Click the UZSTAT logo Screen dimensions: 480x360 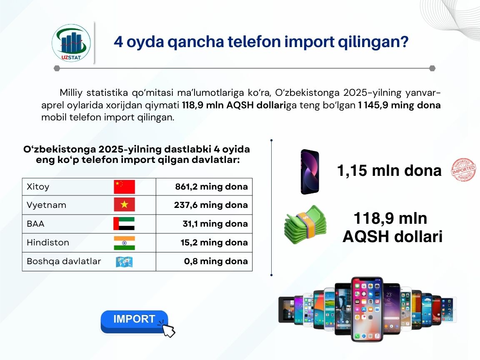(71, 43)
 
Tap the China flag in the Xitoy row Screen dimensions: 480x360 (124, 187)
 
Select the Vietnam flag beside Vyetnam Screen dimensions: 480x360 (124, 205)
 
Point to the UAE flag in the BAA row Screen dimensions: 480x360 (124, 223)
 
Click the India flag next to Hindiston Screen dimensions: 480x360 (124, 243)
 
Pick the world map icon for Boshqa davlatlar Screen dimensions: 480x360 (124, 262)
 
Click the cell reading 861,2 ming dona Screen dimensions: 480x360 (204, 187)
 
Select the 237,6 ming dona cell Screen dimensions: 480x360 (204, 205)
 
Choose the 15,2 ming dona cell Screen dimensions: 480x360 (204, 242)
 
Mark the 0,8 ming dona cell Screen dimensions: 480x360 (204, 261)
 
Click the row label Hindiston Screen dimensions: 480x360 (48, 242)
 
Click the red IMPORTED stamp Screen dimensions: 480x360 (463, 170)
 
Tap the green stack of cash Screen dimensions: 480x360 (305, 225)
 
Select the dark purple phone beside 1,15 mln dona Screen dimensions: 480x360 (310, 172)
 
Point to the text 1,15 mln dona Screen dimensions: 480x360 (389, 170)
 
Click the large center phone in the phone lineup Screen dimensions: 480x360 (367, 309)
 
